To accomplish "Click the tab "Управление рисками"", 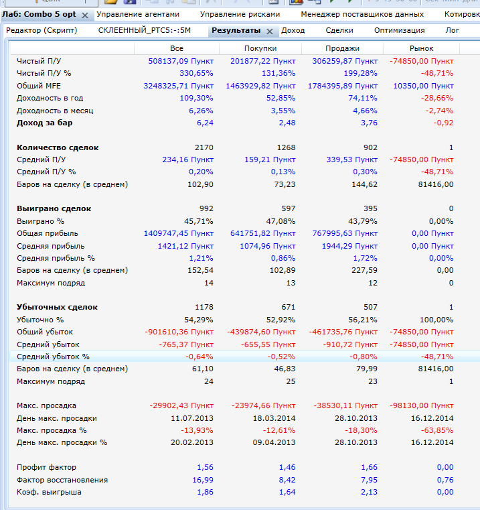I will (x=240, y=14).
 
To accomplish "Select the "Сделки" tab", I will (x=339, y=30).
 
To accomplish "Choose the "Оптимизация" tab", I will (x=399, y=30).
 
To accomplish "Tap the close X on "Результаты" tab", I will (x=269, y=31).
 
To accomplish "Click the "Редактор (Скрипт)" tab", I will (x=41, y=30).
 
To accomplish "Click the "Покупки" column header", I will (x=260, y=48).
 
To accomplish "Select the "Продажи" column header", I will (x=342, y=48).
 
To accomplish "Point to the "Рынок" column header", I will (x=421, y=48).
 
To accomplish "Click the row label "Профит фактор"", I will (x=46, y=467).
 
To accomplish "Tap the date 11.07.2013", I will (x=193, y=418).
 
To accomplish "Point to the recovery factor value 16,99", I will (x=203, y=480).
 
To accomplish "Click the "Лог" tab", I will (x=452, y=30).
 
